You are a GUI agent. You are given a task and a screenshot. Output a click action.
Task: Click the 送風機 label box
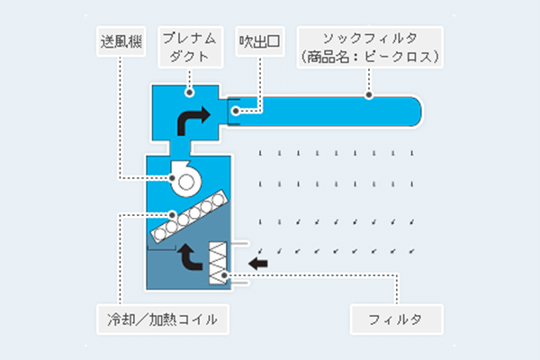(x=121, y=41)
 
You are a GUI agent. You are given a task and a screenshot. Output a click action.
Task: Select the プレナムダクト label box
(x=191, y=47)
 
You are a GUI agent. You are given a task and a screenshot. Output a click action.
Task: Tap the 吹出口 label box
(x=260, y=41)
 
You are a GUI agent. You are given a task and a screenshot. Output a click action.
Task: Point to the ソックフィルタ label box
(x=370, y=47)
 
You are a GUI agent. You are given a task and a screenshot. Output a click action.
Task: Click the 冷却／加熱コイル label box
(x=163, y=319)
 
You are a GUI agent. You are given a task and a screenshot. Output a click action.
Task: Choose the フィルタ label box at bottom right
(x=396, y=319)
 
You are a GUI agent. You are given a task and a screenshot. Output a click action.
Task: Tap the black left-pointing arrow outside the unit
(x=258, y=264)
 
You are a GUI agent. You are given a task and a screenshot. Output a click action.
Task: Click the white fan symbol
(x=186, y=179)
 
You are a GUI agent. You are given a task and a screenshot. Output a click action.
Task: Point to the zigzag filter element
(x=218, y=263)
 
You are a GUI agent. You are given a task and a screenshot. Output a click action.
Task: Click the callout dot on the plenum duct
(x=189, y=93)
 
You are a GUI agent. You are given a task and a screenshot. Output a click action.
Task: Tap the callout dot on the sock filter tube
(x=369, y=94)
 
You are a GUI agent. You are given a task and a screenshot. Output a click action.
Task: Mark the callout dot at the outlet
(x=236, y=111)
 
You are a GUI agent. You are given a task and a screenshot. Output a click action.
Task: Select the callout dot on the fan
(x=172, y=178)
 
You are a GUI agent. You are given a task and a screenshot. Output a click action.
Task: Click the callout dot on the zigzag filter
(x=224, y=275)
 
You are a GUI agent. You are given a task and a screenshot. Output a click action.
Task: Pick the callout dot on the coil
(x=172, y=215)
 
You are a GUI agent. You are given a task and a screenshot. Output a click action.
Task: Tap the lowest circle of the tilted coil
(x=160, y=234)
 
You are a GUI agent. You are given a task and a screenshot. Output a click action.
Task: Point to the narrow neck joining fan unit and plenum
(x=180, y=148)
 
